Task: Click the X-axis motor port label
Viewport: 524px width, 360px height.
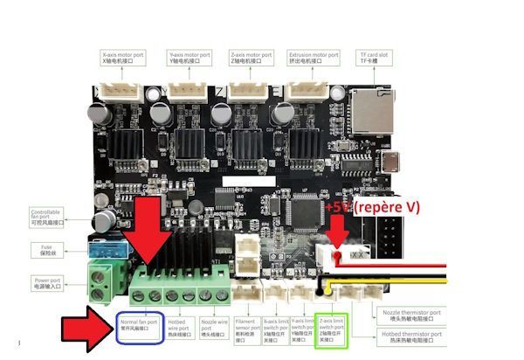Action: (123, 58)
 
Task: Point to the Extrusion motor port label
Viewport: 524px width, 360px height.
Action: (314, 58)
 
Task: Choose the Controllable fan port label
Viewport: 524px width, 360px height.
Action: (52, 218)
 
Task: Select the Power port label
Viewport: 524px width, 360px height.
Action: (52, 284)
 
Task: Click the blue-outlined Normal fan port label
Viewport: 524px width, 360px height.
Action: (139, 326)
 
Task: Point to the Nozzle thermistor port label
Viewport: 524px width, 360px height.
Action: (410, 313)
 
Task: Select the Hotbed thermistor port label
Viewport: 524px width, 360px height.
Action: (410, 336)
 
